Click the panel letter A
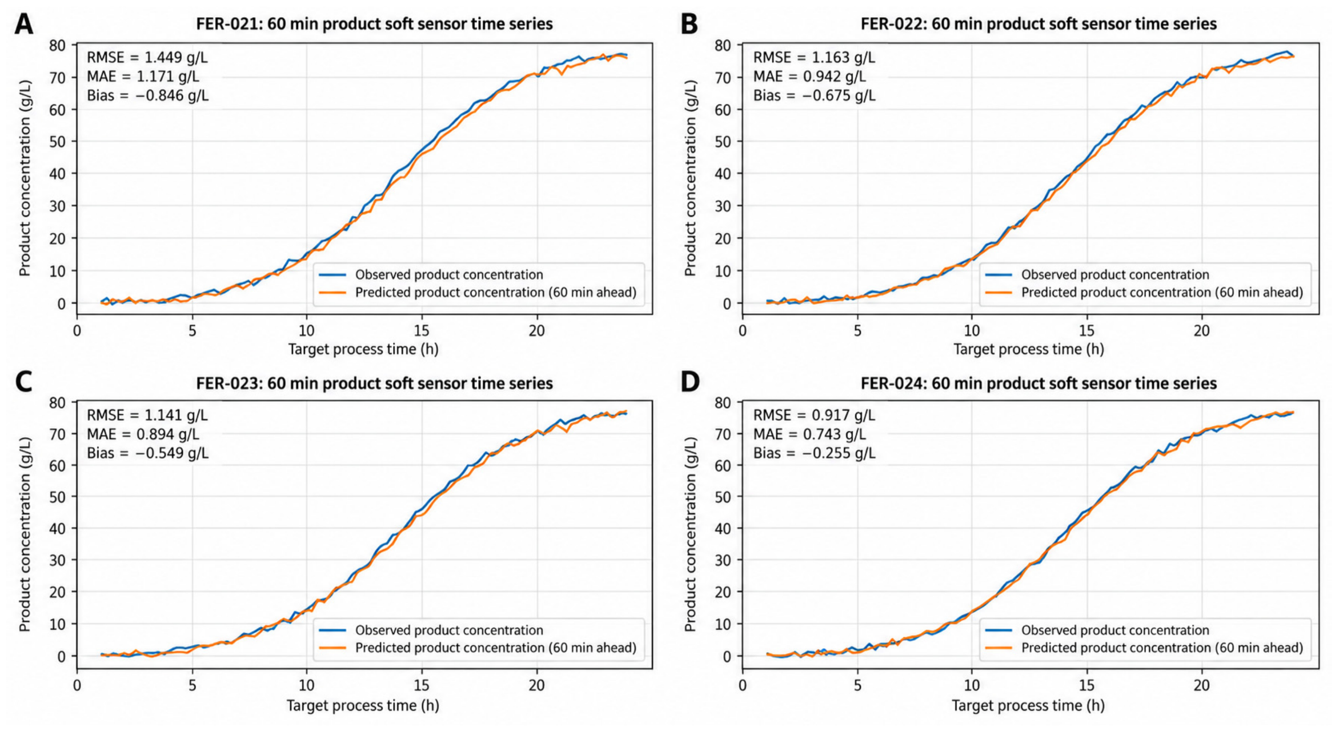[x=23, y=24]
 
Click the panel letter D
[x=690, y=381]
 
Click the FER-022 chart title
[x=1039, y=24]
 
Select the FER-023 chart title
[x=374, y=383]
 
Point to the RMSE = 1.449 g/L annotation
[x=147, y=58]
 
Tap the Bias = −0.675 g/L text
[x=814, y=95]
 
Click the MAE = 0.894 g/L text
[x=143, y=434]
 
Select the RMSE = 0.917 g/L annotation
[x=813, y=416]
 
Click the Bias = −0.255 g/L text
[x=814, y=453]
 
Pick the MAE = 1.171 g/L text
[x=143, y=77]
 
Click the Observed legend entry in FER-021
[x=431, y=275]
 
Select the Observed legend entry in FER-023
[x=431, y=630]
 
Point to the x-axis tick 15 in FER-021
[x=422, y=331]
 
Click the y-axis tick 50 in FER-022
[x=723, y=142]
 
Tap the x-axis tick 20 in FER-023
[x=536, y=685]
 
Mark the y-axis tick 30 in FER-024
[x=723, y=561]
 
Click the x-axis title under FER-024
[x=1028, y=706]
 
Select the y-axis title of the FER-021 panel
[x=25, y=178]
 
